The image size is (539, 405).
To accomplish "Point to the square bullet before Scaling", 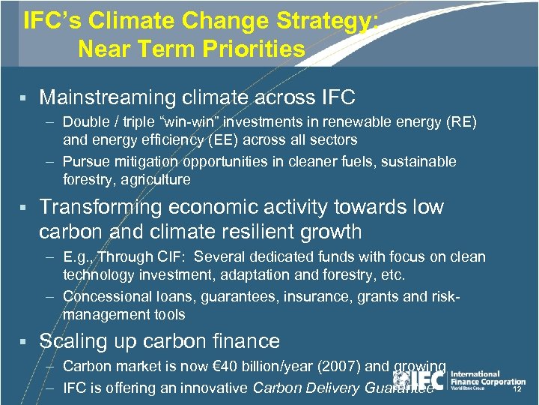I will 23,342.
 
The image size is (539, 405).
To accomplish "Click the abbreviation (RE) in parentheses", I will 461,122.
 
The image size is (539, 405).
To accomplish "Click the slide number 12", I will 516,390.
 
